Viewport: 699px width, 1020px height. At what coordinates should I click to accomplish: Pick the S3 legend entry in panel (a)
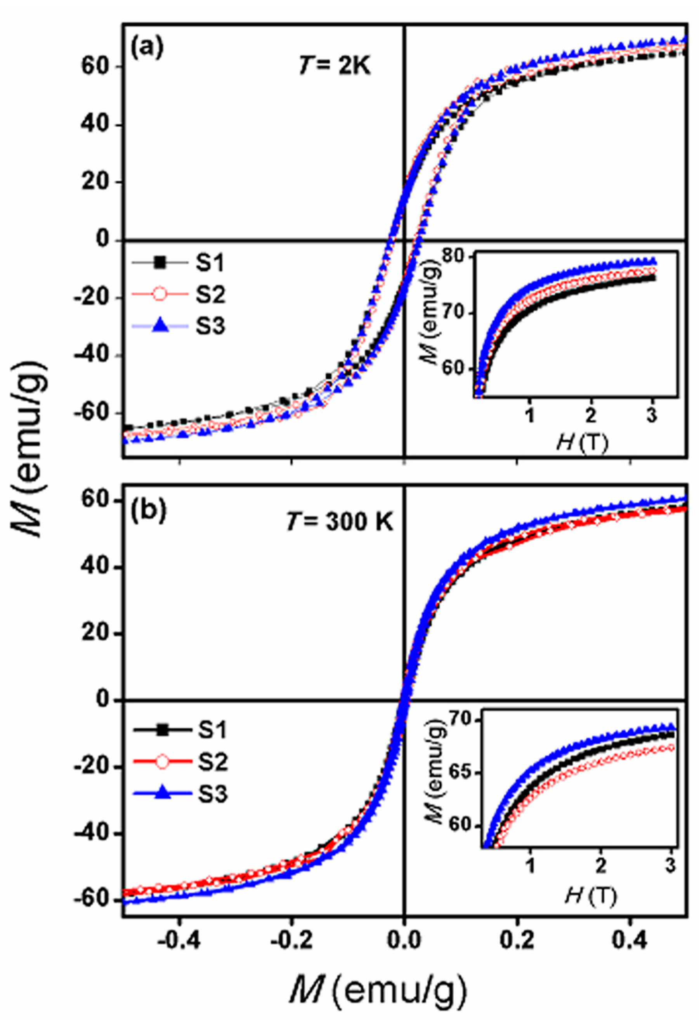(210, 327)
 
